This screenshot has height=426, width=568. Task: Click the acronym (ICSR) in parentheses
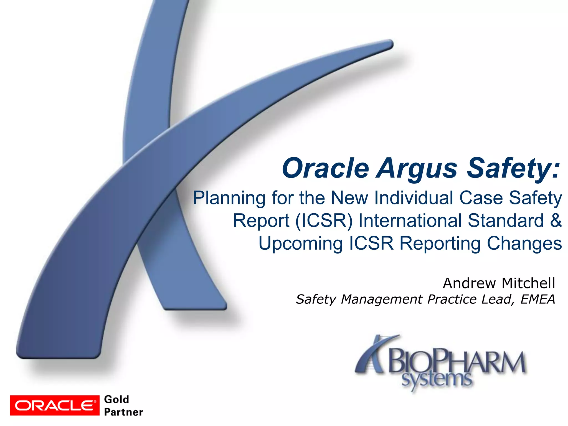324,221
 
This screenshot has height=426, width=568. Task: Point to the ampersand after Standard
556,221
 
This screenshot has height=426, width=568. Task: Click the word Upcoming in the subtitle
301,244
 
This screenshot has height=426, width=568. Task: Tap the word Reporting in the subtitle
440,244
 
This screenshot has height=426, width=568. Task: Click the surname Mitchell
529,283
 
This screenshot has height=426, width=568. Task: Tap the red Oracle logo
55,405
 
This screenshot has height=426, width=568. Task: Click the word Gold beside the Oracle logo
116,399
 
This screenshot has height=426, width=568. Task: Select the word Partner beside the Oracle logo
123,412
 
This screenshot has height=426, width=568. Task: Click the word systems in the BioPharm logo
437,380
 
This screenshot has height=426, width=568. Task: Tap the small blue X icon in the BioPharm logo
373,355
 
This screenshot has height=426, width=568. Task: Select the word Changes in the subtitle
524,244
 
